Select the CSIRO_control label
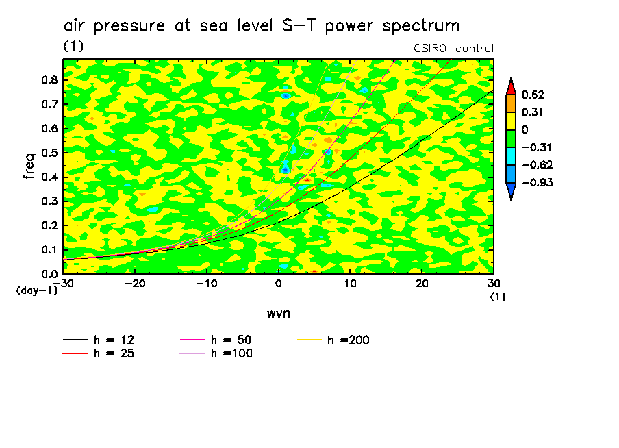click(x=453, y=49)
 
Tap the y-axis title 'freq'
click(x=30, y=166)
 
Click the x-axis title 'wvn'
click(x=278, y=314)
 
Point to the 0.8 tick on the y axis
click(x=49, y=79)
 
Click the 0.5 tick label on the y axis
click(x=49, y=153)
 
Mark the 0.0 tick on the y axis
click(x=49, y=274)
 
